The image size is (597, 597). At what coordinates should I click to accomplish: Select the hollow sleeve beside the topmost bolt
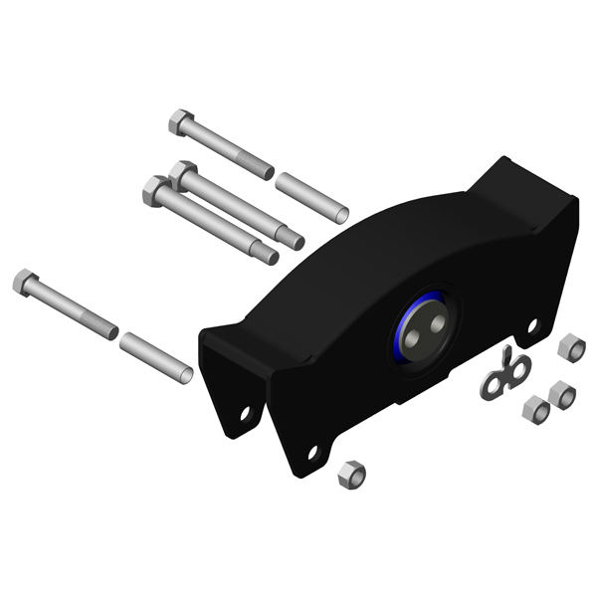pyautogui.click(x=311, y=197)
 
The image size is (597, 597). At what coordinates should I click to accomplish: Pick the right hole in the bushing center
pyautogui.click(x=432, y=324)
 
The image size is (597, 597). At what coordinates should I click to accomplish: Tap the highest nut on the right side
pyautogui.click(x=572, y=348)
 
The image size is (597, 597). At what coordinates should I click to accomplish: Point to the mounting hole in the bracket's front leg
pyautogui.click(x=310, y=453)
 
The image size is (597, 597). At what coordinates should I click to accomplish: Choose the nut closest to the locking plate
pyautogui.click(x=535, y=407)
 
